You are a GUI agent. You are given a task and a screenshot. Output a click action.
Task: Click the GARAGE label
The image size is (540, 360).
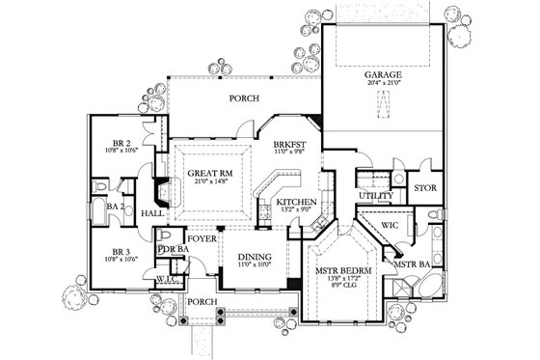point(384,73)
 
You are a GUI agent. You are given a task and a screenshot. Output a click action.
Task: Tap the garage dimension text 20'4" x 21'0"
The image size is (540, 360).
point(384,84)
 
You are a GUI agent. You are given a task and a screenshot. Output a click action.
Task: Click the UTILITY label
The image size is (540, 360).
point(376,196)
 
